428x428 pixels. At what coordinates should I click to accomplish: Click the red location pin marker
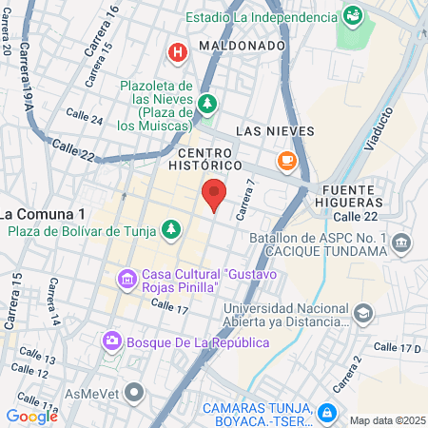coord(214,195)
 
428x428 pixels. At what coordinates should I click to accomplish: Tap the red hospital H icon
coord(176,52)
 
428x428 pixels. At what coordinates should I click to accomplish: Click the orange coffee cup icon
coord(285,159)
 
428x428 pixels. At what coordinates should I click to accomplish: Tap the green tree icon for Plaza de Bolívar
coord(171,229)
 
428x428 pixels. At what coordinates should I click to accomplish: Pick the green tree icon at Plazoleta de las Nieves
coord(207,102)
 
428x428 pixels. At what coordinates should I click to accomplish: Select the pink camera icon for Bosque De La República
coord(112,340)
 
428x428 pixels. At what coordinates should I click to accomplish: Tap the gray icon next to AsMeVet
coord(135,391)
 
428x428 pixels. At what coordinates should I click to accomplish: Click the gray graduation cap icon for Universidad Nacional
coord(362,313)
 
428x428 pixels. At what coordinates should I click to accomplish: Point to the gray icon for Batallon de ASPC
coord(400,243)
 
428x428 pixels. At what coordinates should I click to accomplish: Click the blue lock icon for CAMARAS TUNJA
coord(326,413)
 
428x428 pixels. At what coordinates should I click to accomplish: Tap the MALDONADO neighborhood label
coord(243,45)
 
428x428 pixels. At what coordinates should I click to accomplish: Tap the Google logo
coord(31,416)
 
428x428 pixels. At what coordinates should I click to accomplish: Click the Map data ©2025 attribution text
coord(386,420)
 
